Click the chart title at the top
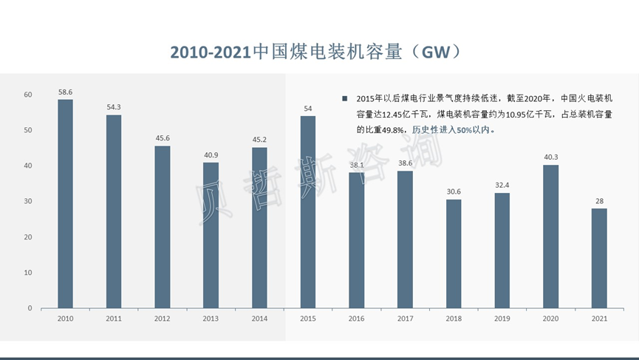(319, 51)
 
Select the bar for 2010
(65, 203)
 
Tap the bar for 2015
(307, 211)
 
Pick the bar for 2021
(598, 258)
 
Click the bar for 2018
(453, 254)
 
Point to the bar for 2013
(211, 235)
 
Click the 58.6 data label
(65, 92)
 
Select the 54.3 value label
(114, 107)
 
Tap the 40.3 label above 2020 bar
(550, 157)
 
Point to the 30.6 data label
(453, 191)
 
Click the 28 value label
(598, 201)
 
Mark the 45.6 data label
(162, 138)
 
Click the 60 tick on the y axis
(27, 95)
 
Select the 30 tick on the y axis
(27, 201)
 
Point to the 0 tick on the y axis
(30, 308)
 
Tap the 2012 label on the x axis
(162, 319)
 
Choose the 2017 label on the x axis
(405, 319)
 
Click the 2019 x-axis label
(502, 319)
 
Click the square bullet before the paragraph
(344, 98)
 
